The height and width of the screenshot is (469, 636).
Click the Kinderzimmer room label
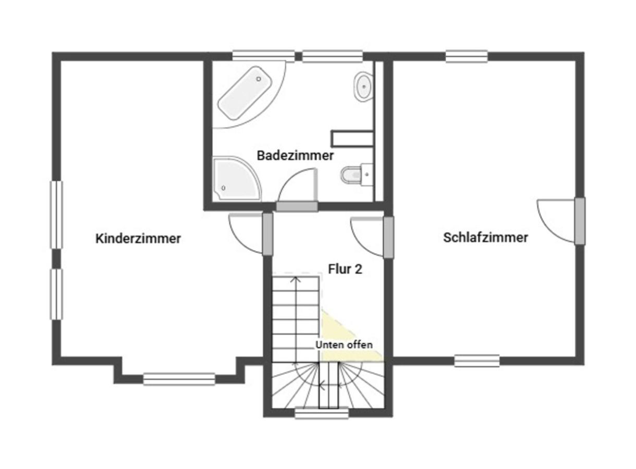tap(138, 239)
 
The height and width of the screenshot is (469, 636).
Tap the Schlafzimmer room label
tap(485, 238)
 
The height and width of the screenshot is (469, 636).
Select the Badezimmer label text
tap(295, 155)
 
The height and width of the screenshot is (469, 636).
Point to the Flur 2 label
tap(345, 269)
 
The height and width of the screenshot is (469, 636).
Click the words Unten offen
tap(344, 345)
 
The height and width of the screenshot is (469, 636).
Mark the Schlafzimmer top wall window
tap(467, 56)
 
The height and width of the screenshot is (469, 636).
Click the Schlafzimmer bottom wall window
tap(476, 360)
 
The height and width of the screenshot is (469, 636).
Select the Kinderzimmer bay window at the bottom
tap(179, 379)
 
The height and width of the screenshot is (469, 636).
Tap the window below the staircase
tap(321, 413)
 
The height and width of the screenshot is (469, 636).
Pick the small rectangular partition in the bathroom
tap(352, 138)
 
